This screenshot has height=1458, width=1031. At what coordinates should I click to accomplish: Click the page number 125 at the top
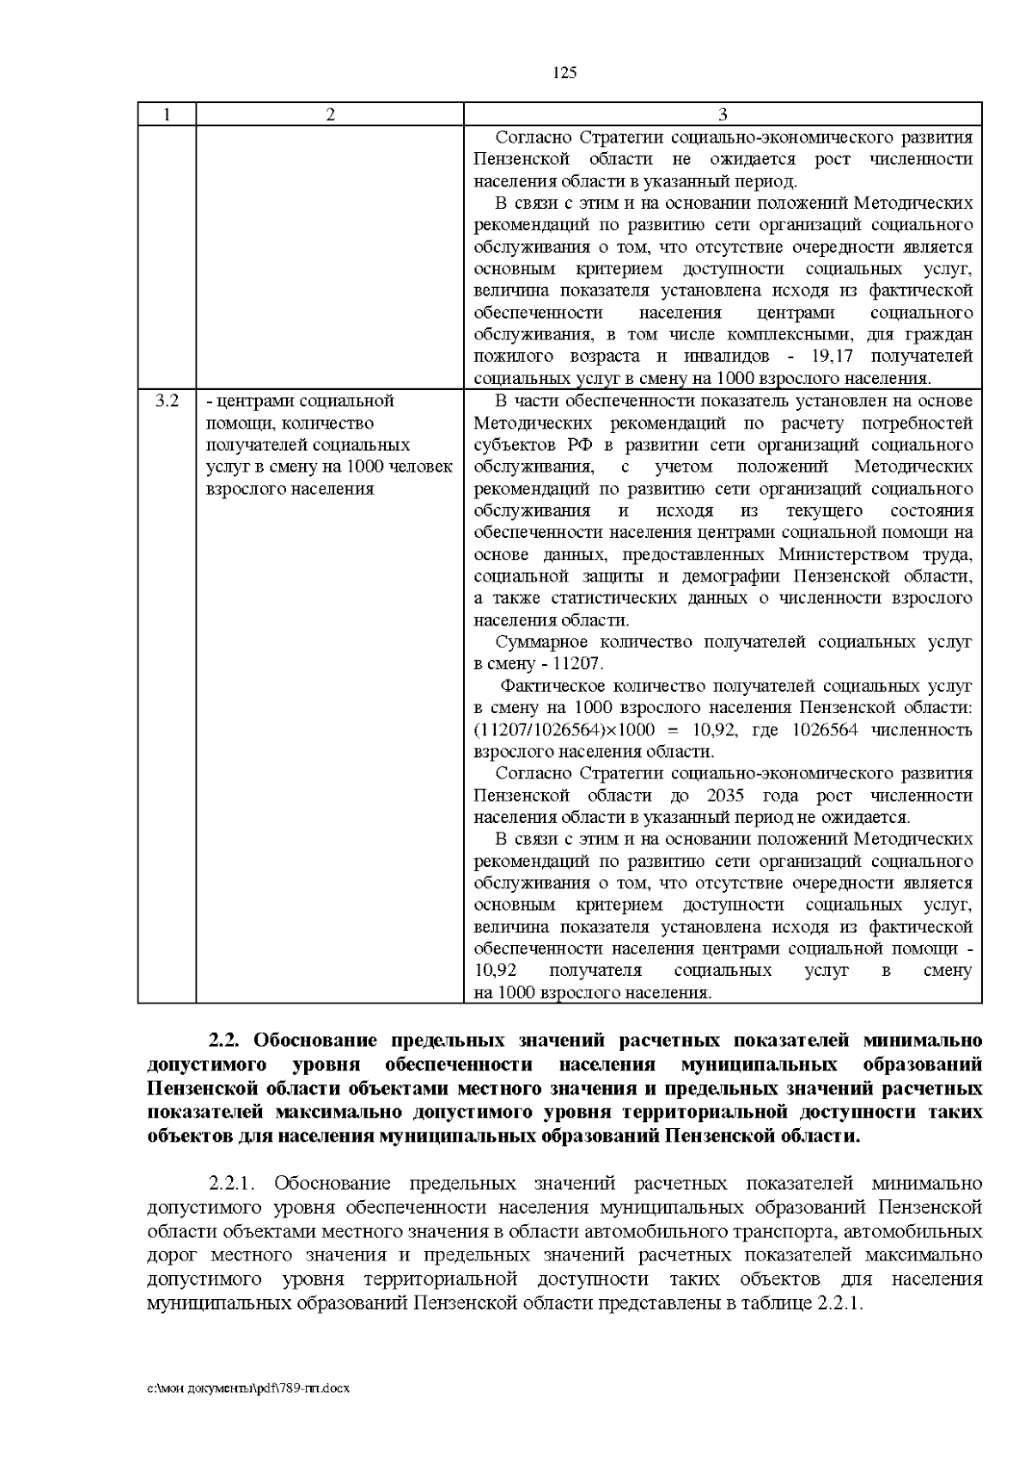click(x=564, y=72)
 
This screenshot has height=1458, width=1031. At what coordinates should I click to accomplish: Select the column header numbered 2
click(x=330, y=114)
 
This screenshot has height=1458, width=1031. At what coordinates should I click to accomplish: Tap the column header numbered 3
click(x=723, y=114)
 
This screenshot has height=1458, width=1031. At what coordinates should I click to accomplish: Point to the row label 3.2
click(x=167, y=400)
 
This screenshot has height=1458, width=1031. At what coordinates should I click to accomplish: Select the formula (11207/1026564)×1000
click(x=564, y=730)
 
